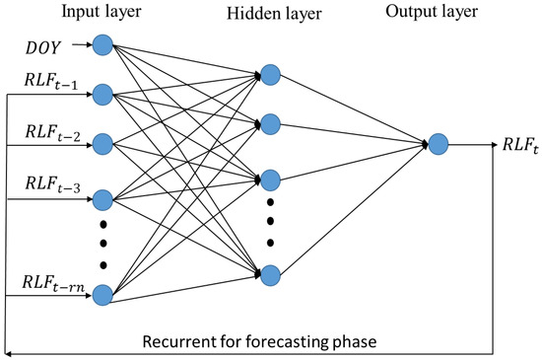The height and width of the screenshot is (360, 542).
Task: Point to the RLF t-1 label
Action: [x=48, y=82]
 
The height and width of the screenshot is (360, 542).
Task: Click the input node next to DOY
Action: [x=101, y=46]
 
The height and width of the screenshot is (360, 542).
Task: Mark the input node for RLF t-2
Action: [x=101, y=143]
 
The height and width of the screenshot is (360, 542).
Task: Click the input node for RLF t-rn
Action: [x=101, y=294]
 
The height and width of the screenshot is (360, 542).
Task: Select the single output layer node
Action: [x=439, y=144]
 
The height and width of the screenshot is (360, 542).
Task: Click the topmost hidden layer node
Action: [x=271, y=74]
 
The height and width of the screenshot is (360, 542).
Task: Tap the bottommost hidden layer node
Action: [x=271, y=272]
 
